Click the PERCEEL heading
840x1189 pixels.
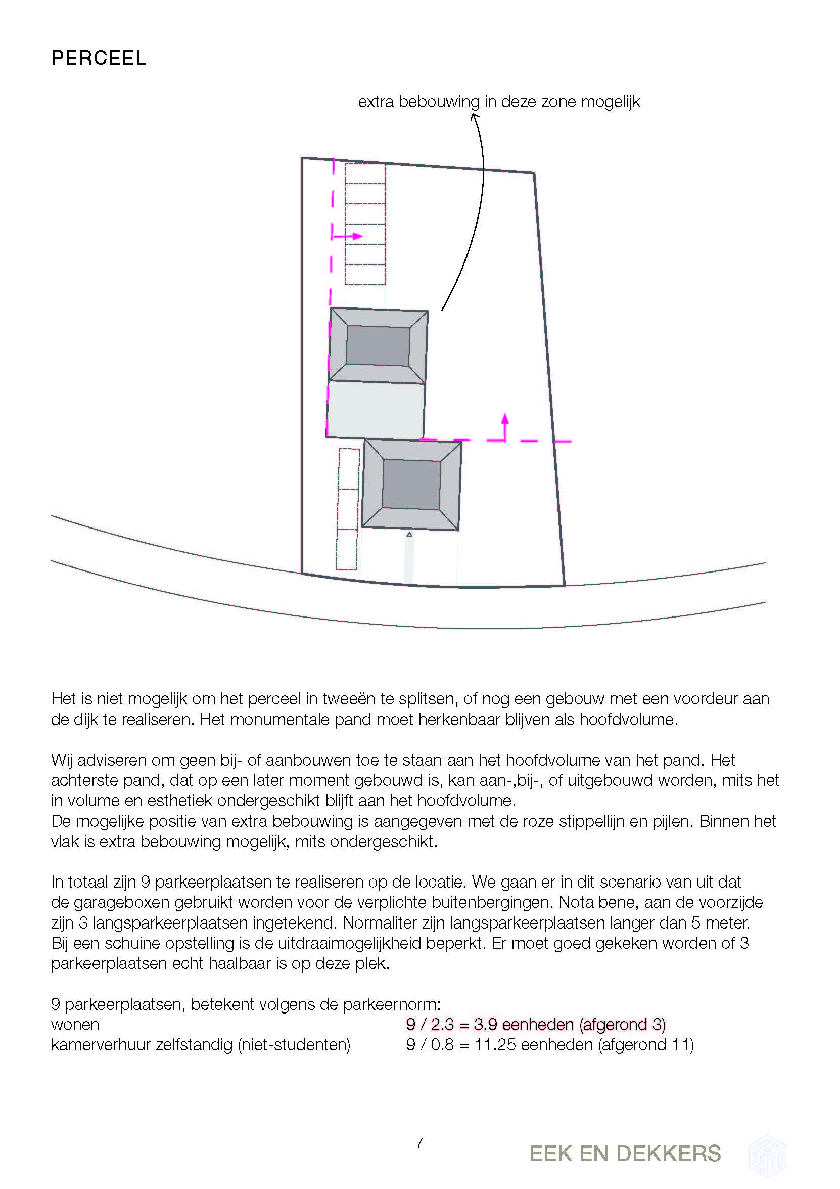pos(99,58)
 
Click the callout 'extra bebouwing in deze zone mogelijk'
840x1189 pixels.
pos(499,102)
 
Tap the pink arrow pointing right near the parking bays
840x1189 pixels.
pos(348,237)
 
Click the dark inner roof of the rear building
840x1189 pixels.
pos(378,345)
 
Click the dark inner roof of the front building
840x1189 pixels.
pos(411,484)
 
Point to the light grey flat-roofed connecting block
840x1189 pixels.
pos(376,410)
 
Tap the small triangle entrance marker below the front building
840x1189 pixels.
pos(409,534)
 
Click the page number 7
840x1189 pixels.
pos(419,1142)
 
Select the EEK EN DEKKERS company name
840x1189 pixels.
pos(625,1154)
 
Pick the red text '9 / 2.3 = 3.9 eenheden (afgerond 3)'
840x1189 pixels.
pos(536,1024)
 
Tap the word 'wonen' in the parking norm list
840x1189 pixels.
pos(75,1025)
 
